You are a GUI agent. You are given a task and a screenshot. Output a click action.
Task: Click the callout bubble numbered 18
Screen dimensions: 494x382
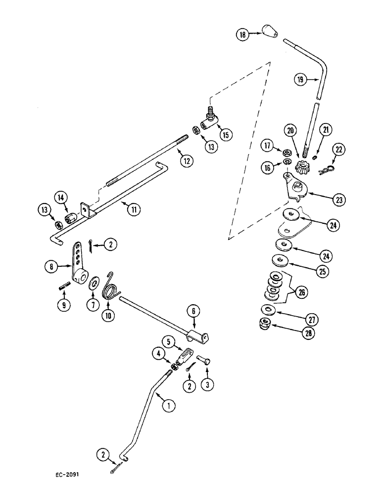pos(242,35)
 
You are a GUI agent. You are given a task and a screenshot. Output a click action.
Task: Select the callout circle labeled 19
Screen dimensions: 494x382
pos(299,79)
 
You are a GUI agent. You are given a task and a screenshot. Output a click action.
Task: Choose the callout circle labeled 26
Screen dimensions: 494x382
pos(301,292)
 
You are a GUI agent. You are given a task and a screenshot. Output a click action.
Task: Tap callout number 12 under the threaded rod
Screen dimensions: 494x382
pos(187,160)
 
